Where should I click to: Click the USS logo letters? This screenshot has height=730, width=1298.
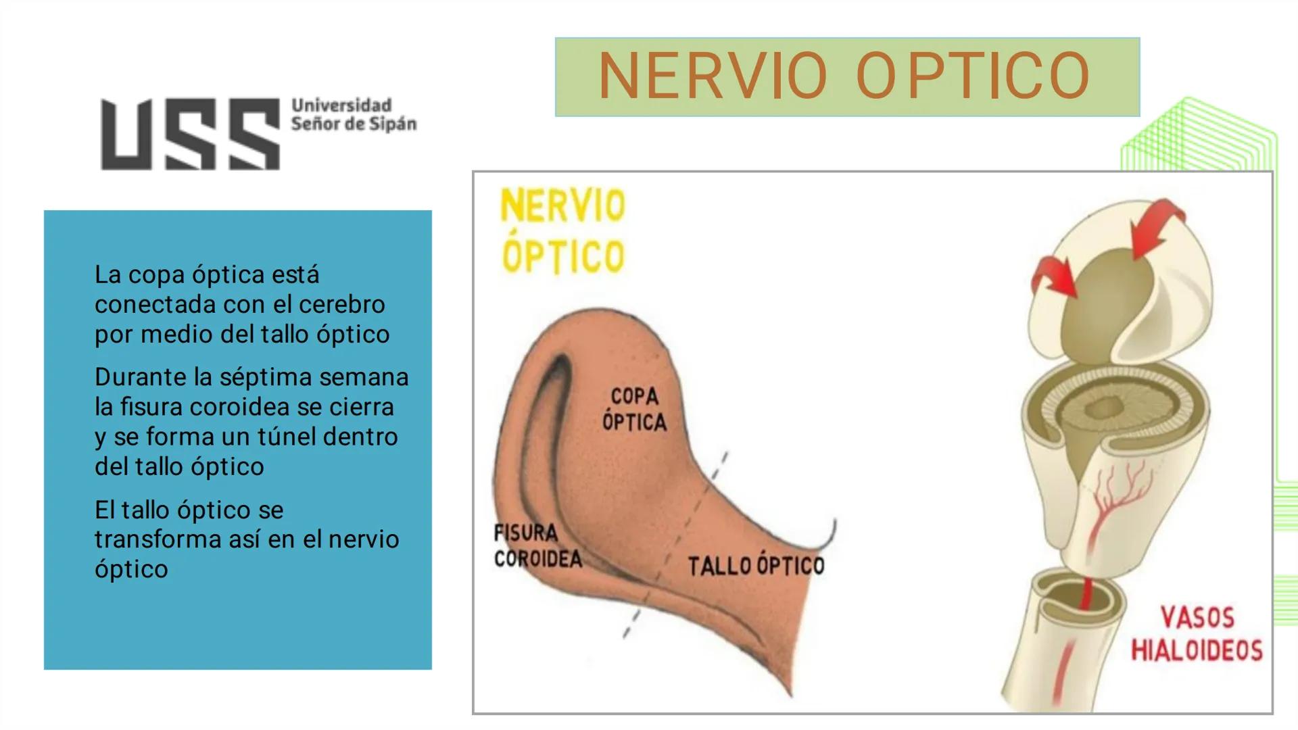pos(190,134)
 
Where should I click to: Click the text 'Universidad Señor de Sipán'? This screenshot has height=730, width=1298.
pos(354,115)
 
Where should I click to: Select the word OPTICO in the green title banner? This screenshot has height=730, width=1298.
pos(973,76)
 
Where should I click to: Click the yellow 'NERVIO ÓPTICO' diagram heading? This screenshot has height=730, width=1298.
pos(562,231)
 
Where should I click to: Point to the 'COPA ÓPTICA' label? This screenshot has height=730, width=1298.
pos(634,409)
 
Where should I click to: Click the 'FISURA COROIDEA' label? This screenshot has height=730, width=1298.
pos(537,546)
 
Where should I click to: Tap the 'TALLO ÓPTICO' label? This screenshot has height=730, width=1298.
pos(756,565)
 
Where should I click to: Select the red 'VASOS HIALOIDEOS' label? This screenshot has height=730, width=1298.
pos(1197,634)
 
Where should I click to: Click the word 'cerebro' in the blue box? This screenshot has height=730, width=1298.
pos(341,304)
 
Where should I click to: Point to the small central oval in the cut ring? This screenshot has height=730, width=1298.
pos(1106,408)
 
